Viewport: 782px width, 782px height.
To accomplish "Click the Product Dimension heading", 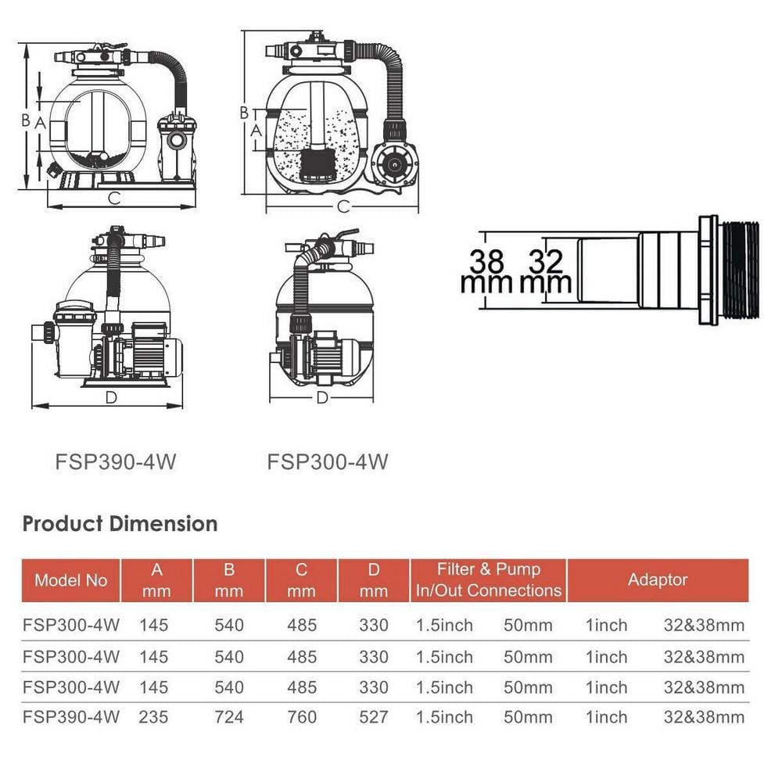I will pos(120,523).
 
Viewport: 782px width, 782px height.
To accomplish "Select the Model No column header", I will pos(70,580).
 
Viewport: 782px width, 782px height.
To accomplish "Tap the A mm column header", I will pos(156,580).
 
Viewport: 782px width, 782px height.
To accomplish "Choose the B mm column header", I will pos(229,580).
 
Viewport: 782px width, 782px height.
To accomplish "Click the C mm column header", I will pos(301,580).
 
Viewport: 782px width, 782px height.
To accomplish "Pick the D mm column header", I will pos(373,580).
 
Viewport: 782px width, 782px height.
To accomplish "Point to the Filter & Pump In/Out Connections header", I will pos(489,580).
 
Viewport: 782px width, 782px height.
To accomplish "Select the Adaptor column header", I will pos(658,580).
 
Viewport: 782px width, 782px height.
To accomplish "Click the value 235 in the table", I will pos(154,716).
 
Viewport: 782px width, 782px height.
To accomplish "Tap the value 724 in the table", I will pos(228,716).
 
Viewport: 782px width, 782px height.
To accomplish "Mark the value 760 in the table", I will pos(301,716).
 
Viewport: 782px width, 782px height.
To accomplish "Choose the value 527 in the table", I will pos(373,716).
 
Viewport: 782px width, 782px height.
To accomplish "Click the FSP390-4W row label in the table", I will pos(71,716).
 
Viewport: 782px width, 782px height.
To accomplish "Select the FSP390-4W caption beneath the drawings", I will pos(116,462).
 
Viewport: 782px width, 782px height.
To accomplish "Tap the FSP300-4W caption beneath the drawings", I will pos(328,462).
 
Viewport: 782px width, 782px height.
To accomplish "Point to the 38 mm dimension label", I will pos(486,271).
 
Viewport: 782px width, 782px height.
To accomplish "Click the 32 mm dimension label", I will pos(546,271).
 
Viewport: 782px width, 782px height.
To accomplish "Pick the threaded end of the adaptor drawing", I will pos(739,269).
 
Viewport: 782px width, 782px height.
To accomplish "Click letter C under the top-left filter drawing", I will pos(114,199).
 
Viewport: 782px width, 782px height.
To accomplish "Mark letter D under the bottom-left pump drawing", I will pos(110,398).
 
